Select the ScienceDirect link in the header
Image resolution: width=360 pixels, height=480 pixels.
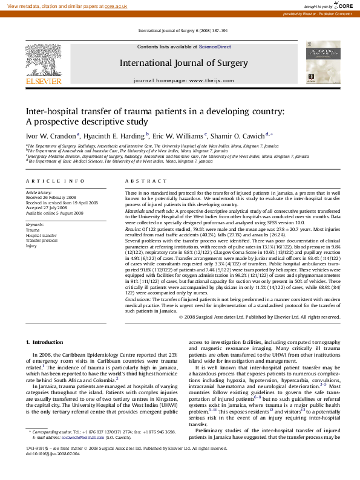[215, 47]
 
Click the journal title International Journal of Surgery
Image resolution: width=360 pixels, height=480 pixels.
[183, 63]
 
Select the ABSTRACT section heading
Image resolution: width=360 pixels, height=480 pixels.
[146, 181]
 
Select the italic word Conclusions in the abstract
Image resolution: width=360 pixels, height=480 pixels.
[139, 300]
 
